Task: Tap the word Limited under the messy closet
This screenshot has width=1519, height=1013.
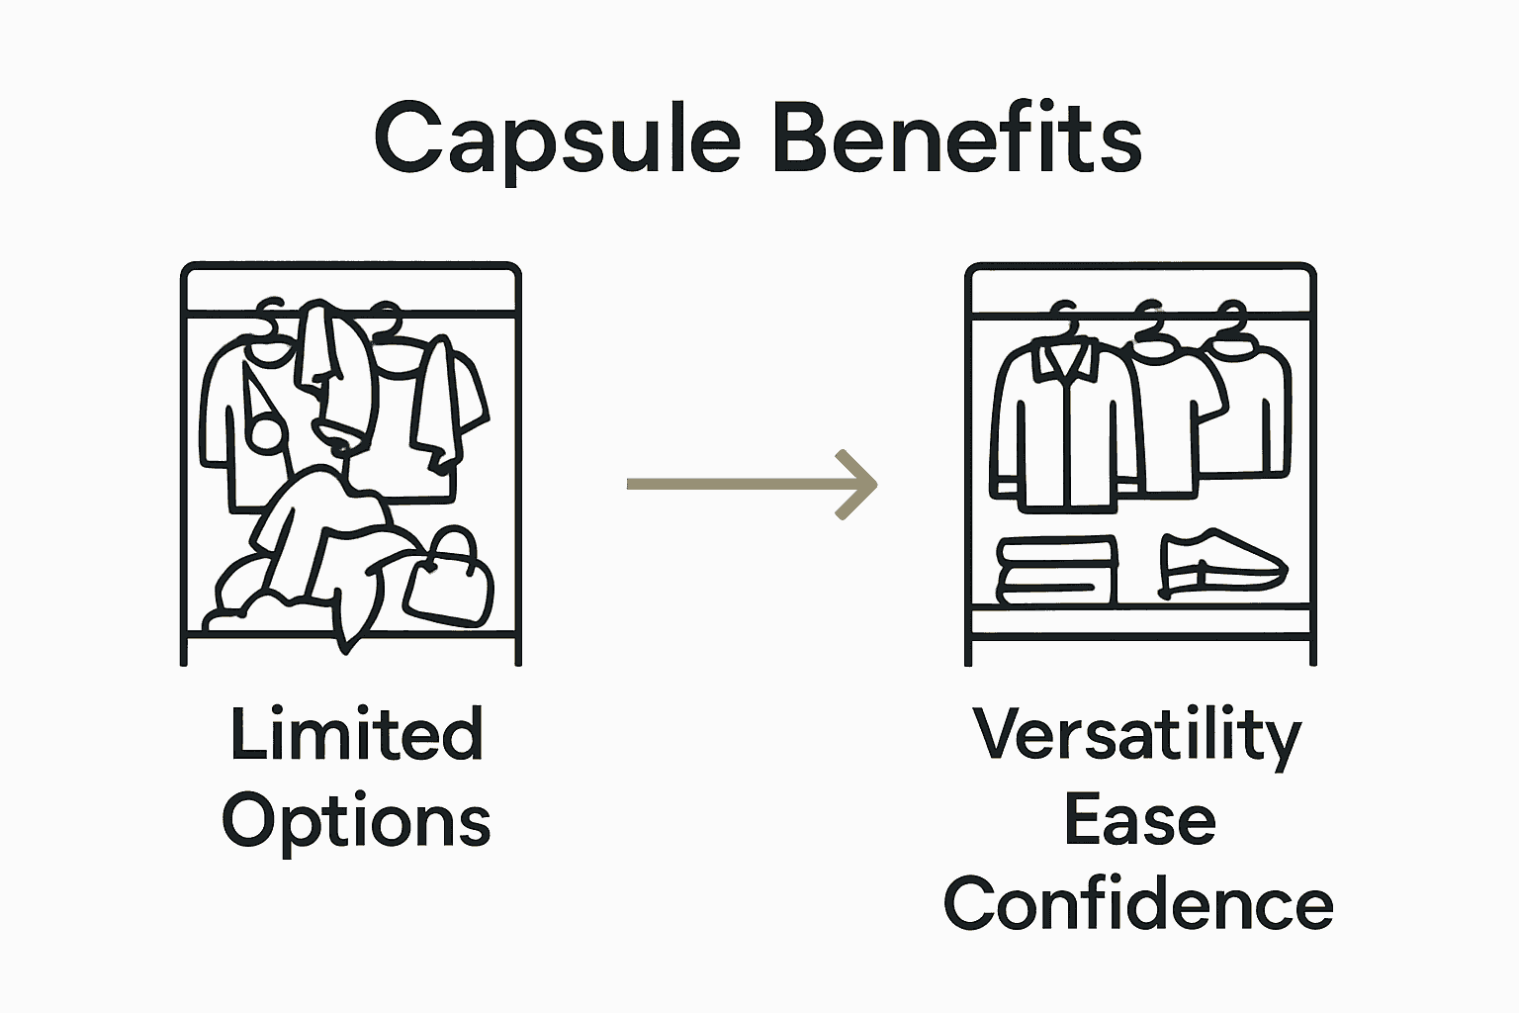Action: pos(356,735)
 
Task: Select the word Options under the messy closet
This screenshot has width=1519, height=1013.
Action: pos(356,822)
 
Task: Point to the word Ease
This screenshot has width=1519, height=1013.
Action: pos(1139,821)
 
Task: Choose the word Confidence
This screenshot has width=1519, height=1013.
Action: pos(1138,904)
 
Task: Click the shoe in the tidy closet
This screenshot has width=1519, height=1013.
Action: pos(1222,564)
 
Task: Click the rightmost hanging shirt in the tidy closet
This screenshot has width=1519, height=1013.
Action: pos(1252,406)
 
